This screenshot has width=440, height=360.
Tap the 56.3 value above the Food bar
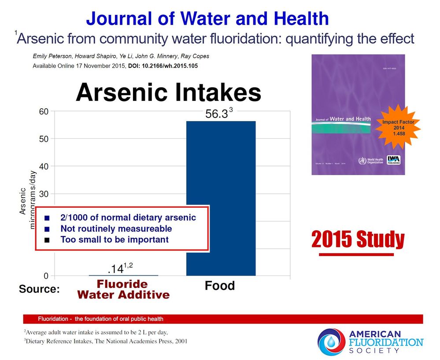[217, 114]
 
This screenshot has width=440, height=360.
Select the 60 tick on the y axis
[43, 111]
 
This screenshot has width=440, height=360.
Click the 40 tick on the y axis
[43, 166]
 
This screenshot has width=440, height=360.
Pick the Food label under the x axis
[219, 286]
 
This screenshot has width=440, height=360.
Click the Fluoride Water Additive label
[123, 289]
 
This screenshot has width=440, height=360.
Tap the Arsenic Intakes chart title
[168, 93]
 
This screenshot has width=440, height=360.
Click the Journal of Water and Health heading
[207, 18]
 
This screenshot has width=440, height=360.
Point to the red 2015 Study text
[358, 240]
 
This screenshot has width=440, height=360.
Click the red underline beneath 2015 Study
[356, 254]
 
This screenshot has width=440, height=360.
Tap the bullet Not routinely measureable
[116, 229]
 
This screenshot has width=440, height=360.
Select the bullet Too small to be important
[115, 240]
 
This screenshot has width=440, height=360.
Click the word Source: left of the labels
[39, 290]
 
